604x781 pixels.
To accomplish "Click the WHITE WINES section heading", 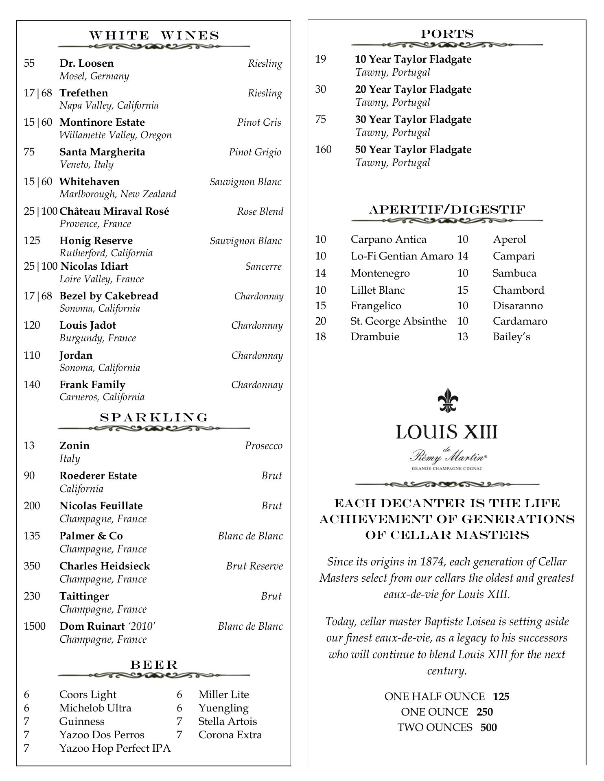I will pyautogui.click(x=154, y=36).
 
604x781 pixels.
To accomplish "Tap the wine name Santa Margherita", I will pyautogui.click(x=102, y=152).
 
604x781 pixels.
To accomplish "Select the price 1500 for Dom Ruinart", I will pyautogui.click(x=35, y=626).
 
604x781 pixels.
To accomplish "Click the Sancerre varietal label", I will pyautogui.click(x=263, y=266).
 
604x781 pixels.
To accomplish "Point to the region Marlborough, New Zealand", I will pyautogui.click(x=118, y=194).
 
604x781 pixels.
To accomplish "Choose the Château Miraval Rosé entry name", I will pyautogui.click(x=114, y=211).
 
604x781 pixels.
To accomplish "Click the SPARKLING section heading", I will pyautogui.click(x=154, y=417).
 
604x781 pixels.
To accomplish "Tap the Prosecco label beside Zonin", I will pyautogui.click(x=263, y=446).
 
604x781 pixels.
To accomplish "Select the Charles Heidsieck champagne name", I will pyautogui.click(x=105, y=566).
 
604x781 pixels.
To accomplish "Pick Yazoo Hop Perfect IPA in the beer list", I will pyautogui.click(x=115, y=748).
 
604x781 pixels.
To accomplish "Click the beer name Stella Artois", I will pyautogui.click(x=228, y=721).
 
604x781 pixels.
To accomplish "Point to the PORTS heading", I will pyautogui.click(x=447, y=34).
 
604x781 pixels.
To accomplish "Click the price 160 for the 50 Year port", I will pyautogui.click(x=323, y=150).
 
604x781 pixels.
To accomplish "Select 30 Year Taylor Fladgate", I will pyautogui.click(x=413, y=120).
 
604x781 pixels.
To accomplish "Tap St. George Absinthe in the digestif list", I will pyautogui.click(x=398, y=321).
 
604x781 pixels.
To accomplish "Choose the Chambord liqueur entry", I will pyautogui.click(x=518, y=290).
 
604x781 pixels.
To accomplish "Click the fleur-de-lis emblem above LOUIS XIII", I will pyautogui.click(x=447, y=400).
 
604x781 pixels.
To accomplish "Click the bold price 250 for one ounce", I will pyautogui.click(x=484, y=712).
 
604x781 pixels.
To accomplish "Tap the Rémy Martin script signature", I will pyautogui.click(x=447, y=456).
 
